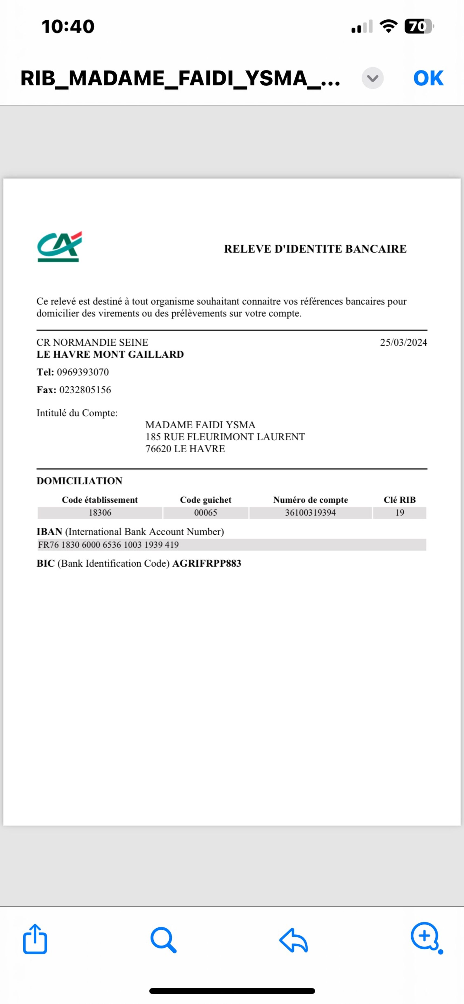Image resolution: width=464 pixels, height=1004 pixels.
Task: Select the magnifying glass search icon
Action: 163,940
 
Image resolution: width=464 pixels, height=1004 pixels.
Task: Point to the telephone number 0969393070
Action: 83,372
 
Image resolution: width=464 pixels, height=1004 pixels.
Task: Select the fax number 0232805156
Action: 85,390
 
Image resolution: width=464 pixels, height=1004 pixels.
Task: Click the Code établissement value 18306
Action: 100,513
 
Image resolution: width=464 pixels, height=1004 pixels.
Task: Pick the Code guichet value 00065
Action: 206,513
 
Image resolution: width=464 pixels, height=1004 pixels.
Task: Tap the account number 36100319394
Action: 310,513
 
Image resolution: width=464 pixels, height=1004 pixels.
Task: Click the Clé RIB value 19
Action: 400,513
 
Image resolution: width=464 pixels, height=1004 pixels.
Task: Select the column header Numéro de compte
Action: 310,500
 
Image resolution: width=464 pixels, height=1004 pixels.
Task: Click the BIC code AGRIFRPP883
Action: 207,563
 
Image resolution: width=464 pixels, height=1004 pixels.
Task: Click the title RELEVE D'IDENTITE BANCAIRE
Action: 315,249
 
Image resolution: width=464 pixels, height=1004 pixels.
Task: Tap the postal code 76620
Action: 158,449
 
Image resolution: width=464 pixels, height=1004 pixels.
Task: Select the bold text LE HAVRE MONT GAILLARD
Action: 110,354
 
